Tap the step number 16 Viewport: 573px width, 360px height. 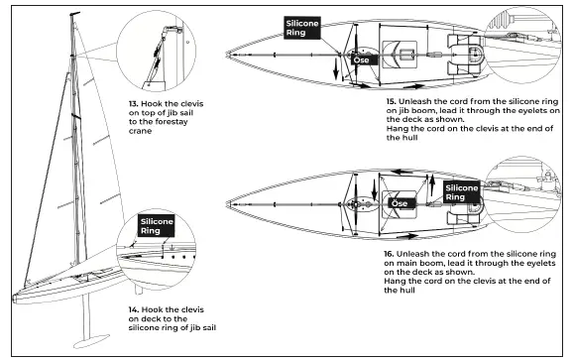coord(390,254)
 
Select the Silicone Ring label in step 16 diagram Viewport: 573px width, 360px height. coord(462,191)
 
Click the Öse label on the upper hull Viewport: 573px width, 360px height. coord(362,60)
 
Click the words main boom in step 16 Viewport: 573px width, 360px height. coord(416,264)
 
